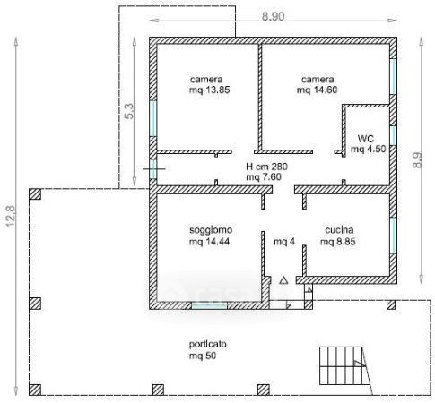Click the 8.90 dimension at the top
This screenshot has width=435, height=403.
pos(273,16)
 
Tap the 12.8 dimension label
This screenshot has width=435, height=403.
pos(11,216)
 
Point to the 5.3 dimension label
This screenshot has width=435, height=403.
pos(129,111)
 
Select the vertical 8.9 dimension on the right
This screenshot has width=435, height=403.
pos(417,160)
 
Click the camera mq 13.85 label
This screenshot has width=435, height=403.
pos(209,84)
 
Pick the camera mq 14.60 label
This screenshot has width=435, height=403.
pos(318,84)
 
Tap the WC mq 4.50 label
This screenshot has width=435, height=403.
pos(368,143)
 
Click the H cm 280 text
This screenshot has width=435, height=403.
pos(266,167)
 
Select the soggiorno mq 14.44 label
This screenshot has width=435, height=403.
pos(211,236)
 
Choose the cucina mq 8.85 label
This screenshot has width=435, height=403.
pos(338,236)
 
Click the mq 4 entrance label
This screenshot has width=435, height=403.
pos(284,241)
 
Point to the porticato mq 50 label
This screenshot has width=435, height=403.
pos(207,349)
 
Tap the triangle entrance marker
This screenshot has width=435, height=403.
pos(283,280)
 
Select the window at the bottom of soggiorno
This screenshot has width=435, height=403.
pos(209,305)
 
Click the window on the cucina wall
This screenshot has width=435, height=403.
pos(393,236)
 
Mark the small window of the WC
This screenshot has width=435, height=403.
pos(393,135)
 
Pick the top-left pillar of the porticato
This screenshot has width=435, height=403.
pos(35,194)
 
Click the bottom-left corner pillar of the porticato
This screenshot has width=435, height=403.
pos(35,390)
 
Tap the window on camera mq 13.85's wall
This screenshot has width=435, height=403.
pos(152,118)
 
